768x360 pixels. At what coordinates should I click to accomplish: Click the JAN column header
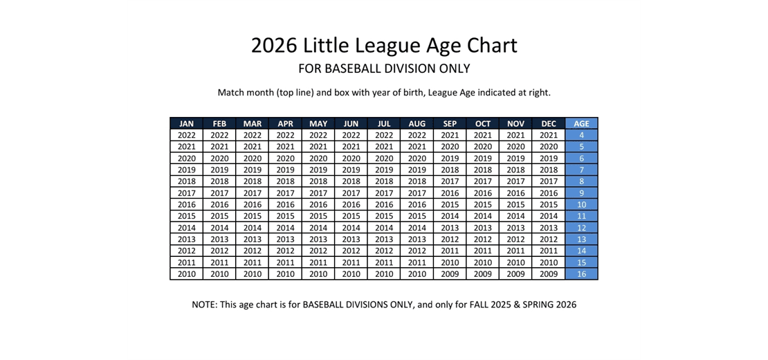click(186, 124)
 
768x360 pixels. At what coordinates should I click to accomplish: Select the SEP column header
click(450, 124)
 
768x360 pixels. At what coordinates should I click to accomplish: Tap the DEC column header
click(549, 124)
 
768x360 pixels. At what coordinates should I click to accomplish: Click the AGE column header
click(581, 124)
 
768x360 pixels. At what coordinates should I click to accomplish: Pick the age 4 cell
click(581, 136)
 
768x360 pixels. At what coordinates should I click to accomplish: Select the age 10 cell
click(581, 205)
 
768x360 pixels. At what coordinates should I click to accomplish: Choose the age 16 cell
click(581, 274)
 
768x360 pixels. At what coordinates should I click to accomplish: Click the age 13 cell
click(581, 240)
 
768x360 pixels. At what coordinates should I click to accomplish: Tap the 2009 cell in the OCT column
click(483, 274)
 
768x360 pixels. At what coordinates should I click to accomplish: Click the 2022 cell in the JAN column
click(186, 136)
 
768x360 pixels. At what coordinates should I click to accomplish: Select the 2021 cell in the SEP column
click(450, 136)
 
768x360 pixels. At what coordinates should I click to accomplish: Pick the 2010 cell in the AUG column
click(417, 274)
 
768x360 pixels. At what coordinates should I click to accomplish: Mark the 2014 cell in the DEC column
click(549, 216)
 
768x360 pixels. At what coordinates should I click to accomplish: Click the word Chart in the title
click(488, 46)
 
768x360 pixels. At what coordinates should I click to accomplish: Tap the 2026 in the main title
click(274, 46)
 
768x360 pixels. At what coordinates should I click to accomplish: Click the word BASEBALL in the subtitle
click(353, 69)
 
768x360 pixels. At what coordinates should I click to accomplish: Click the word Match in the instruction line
click(232, 92)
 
